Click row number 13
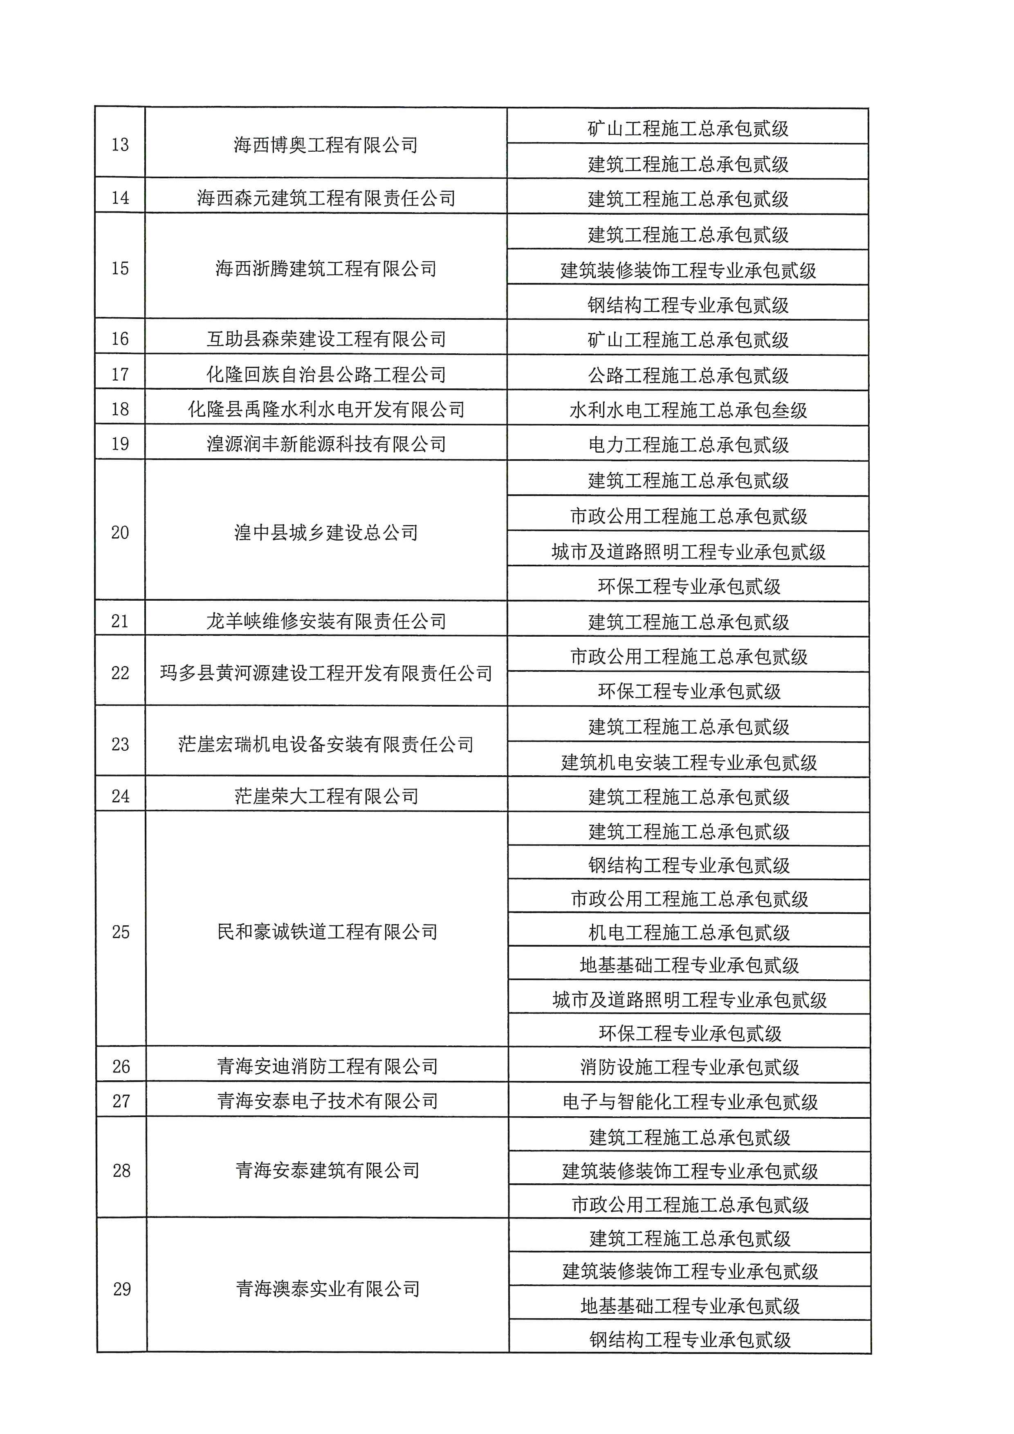120,144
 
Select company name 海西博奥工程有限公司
325,145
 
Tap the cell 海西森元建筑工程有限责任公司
325,198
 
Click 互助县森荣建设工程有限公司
325,339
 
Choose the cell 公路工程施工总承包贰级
688,375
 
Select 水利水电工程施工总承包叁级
688,410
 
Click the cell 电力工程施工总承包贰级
688,445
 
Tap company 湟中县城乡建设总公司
325,532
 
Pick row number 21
120,621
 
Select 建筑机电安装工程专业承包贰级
689,762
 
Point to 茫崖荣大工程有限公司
326,796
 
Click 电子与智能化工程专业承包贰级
690,1102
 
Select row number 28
121,1170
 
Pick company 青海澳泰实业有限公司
327,1288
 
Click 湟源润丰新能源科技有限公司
325,444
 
